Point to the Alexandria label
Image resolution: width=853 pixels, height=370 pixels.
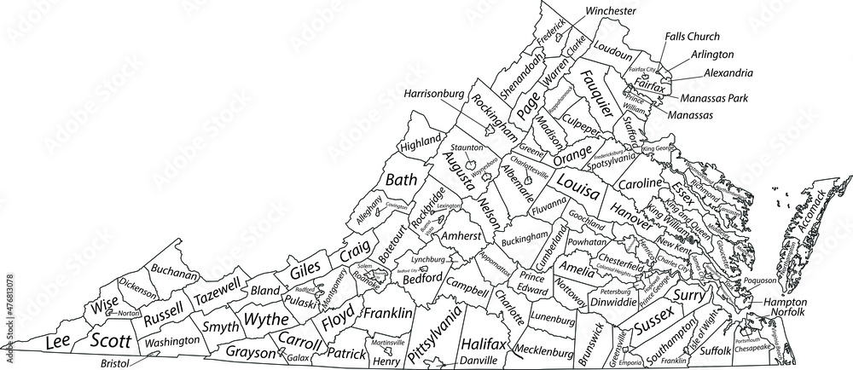(728, 73)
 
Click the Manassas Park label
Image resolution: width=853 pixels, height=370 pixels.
(714, 99)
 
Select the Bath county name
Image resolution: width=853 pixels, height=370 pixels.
(401, 180)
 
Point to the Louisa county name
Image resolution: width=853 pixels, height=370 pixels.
(577, 186)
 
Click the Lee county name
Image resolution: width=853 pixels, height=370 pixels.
(56, 343)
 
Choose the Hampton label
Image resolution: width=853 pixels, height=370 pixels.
(785, 302)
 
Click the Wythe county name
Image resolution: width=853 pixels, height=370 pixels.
(268, 320)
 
